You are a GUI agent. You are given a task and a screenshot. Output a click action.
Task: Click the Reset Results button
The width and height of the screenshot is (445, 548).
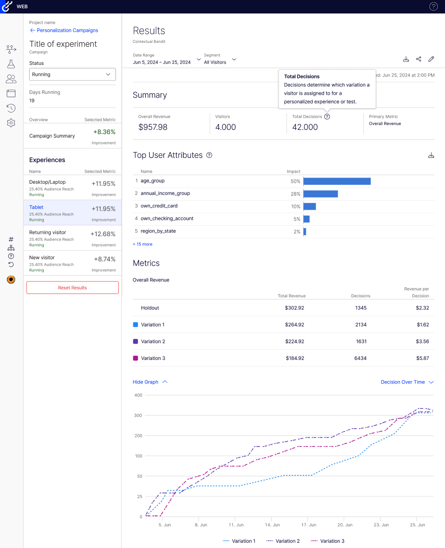click(72, 288)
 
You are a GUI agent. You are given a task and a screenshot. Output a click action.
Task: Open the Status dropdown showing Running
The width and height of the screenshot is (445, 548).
click(72, 75)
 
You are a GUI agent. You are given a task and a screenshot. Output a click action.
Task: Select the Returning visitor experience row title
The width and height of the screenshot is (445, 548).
click(48, 232)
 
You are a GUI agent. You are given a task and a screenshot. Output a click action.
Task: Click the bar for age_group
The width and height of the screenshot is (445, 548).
click(337, 181)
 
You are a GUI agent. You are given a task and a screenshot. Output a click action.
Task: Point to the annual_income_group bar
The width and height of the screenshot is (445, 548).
click(320, 194)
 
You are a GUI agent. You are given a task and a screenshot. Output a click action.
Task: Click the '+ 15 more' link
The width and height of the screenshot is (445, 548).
click(142, 244)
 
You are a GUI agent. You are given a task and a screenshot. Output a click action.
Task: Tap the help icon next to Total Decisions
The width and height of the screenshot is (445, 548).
click(327, 116)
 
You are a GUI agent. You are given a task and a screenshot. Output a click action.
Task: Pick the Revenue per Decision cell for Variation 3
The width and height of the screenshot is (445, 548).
click(422, 358)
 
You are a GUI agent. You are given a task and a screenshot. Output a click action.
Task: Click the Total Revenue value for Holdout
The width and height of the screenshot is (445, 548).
click(294, 308)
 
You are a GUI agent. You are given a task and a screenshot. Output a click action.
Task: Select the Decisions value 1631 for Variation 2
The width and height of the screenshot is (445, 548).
click(361, 342)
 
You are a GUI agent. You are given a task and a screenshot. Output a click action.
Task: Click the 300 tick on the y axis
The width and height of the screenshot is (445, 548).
click(138, 415)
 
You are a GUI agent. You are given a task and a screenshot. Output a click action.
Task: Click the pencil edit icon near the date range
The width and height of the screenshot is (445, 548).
click(431, 59)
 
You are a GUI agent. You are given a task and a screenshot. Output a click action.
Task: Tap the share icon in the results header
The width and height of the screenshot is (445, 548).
click(419, 59)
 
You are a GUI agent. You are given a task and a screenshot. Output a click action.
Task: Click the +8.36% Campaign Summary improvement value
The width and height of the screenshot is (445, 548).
click(104, 132)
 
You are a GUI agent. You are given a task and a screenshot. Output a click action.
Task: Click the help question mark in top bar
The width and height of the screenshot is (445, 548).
click(433, 7)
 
